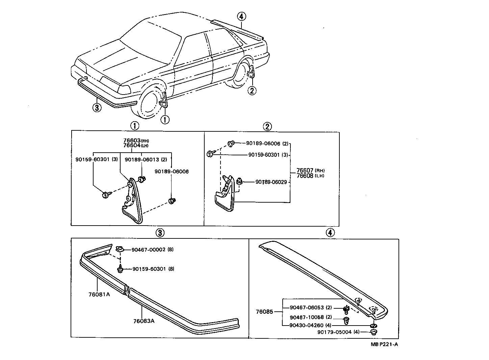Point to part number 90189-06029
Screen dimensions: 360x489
point(271,182)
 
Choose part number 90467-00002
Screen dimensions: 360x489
point(149,250)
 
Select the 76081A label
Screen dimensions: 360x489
point(99,294)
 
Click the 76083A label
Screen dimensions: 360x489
point(144,321)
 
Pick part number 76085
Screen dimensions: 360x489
point(264,312)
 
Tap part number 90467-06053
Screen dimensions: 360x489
point(306,308)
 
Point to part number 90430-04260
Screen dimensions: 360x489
point(306,326)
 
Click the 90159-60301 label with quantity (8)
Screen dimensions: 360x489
point(149,269)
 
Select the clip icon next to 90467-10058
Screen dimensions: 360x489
point(346,319)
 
